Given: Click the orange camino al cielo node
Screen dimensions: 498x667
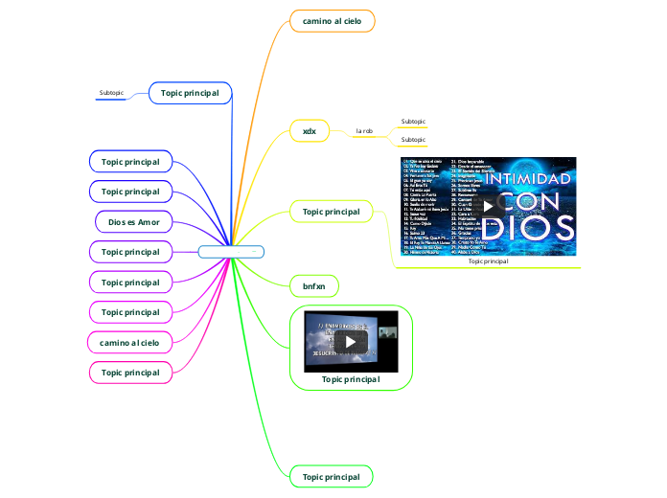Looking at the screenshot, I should coord(332,20).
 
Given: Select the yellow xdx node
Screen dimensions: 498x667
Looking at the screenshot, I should coord(310,130).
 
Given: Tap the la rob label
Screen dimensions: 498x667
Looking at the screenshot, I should coord(364,130).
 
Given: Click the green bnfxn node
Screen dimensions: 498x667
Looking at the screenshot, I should coord(314,285).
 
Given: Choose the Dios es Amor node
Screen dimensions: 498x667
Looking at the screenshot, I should coord(134,222).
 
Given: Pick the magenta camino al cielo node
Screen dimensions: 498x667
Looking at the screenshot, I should coord(129,341).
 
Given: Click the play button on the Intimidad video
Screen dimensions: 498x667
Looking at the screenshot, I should coord(489,205).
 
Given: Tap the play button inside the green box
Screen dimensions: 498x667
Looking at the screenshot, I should coord(351,341).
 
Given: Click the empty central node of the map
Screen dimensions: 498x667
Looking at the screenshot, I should coord(230,252).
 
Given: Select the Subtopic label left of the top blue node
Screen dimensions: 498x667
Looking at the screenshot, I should coord(111,93).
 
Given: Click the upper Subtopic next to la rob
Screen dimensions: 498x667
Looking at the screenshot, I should coord(413,122).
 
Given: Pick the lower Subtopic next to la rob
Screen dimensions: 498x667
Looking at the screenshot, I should coord(413,140).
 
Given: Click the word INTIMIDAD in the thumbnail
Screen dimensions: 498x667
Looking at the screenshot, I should coord(531,180).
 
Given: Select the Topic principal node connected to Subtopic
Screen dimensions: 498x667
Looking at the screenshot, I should coord(190,93).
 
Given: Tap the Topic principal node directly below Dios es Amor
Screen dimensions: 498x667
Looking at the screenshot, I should coord(130,252).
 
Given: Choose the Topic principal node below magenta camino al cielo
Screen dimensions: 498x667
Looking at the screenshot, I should coord(130,371).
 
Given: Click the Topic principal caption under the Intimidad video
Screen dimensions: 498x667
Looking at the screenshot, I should coord(489,260).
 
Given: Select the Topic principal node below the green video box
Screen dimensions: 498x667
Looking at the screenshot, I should coord(332,476).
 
